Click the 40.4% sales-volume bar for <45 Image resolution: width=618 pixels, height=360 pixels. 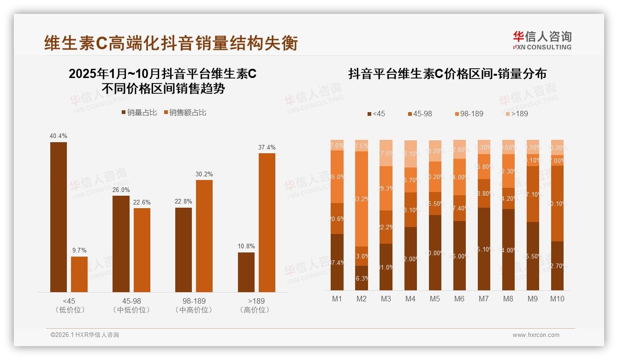pos(59,217)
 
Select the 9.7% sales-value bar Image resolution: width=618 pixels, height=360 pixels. pos(79,274)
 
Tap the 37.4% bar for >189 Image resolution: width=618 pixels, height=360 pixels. pos(267,222)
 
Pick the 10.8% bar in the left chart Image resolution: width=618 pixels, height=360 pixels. pos(246,272)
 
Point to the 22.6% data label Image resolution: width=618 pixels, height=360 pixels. pos(142,202)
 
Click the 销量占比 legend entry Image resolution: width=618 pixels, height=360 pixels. pos(140,113)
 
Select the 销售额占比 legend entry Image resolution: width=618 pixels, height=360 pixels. pos(184,113)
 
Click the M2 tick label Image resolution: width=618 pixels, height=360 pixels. pos(361,299)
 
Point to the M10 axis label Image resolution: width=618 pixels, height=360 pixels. pos(557,299)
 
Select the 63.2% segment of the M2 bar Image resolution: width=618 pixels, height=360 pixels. pos(361,199)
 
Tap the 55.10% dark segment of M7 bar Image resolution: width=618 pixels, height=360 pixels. pos(483,249)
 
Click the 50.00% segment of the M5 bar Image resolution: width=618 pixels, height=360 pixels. pos(434,252)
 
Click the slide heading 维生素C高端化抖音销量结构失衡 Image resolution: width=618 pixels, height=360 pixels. pos(171,43)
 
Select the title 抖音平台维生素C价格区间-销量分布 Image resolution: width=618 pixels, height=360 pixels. pos(447,74)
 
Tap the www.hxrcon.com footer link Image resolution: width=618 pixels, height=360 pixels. pos(535,335)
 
